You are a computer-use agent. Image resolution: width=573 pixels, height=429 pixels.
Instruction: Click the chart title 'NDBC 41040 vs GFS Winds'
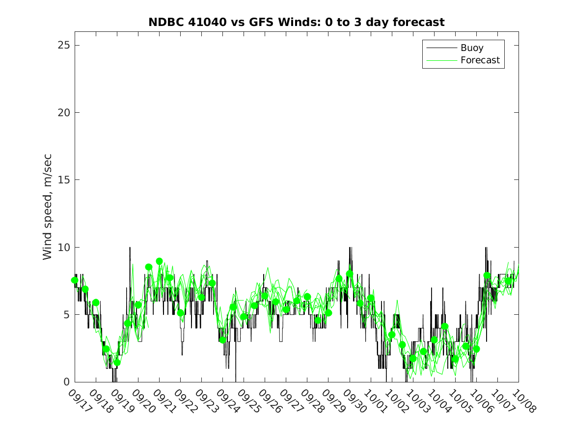pyautogui.click(x=297, y=22)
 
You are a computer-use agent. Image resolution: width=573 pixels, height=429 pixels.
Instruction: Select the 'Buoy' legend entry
pyautogui.click(x=471, y=48)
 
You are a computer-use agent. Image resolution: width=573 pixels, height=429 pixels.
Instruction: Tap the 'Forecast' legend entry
pyautogui.click(x=480, y=60)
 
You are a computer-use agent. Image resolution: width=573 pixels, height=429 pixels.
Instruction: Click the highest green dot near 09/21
pyautogui.click(x=159, y=261)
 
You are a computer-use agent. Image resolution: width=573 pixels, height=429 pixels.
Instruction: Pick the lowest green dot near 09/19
pyautogui.click(x=117, y=363)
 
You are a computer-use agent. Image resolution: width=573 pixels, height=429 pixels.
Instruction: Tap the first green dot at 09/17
pyautogui.click(x=75, y=280)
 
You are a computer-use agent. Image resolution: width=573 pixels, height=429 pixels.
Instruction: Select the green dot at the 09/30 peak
pyautogui.click(x=350, y=274)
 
